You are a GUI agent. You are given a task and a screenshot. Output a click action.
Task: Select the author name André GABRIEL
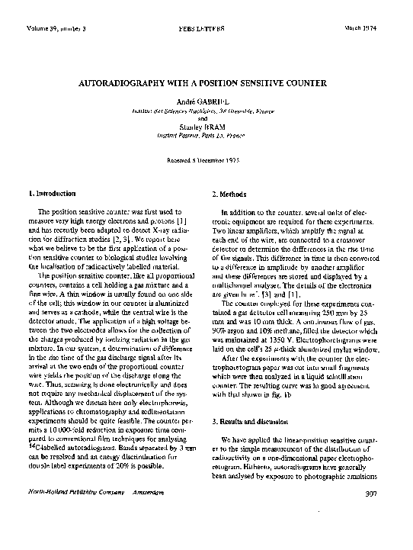(x=206, y=101)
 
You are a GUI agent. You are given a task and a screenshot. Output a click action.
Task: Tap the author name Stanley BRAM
(x=206, y=127)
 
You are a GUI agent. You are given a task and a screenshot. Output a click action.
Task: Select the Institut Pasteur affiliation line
(x=206, y=136)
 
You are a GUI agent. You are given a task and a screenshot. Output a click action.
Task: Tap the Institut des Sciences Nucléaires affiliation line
(x=206, y=111)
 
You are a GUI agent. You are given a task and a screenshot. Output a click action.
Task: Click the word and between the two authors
(x=206, y=119)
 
